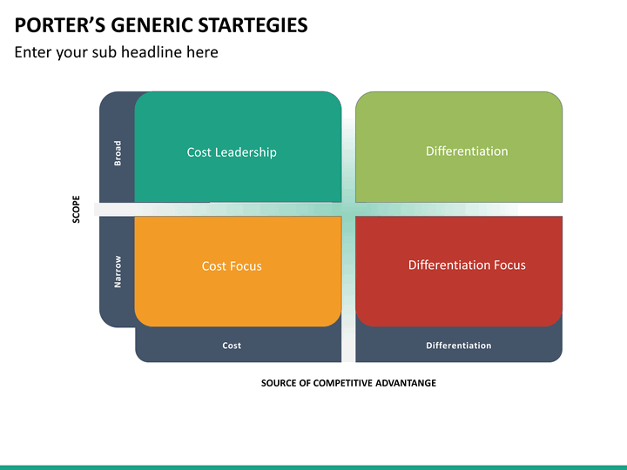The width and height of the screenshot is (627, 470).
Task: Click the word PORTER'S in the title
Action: click(60, 25)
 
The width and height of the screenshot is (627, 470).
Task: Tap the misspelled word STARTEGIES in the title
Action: click(253, 25)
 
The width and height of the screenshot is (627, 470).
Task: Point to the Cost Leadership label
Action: click(232, 152)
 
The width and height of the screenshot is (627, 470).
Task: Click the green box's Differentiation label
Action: click(467, 151)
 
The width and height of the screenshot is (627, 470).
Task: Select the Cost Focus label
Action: click(232, 266)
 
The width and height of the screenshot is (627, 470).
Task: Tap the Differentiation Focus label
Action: click(467, 265)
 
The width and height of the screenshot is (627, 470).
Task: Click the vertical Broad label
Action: click(118, 153)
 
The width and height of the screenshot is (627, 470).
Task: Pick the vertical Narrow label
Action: click(118, 272)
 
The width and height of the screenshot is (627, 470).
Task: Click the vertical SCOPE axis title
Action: click(76, 209)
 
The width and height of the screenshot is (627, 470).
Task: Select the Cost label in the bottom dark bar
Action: click(232, 346)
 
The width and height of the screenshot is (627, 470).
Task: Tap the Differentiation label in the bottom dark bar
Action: click(459, 346)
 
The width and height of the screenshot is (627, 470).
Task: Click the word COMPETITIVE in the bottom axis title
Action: click(343, 383)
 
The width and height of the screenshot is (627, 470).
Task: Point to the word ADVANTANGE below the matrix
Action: click(406, 383)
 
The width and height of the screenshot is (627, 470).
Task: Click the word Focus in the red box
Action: click(509, 265)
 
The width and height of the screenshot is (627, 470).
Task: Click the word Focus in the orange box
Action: click(246, 266)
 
